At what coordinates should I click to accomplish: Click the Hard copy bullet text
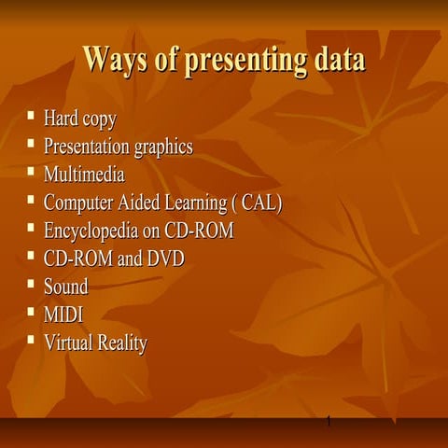tap(79, 119)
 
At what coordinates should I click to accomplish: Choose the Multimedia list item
tap(83, 175)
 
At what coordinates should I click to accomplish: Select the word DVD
tap(165, 259)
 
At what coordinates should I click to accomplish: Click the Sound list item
tap(65, 287)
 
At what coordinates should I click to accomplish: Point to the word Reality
tap(122, 343)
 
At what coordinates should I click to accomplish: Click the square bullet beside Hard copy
tap(31, 118)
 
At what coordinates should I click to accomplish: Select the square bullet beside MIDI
tap(31, 313)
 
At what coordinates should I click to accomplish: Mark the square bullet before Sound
tap(31, 285)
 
